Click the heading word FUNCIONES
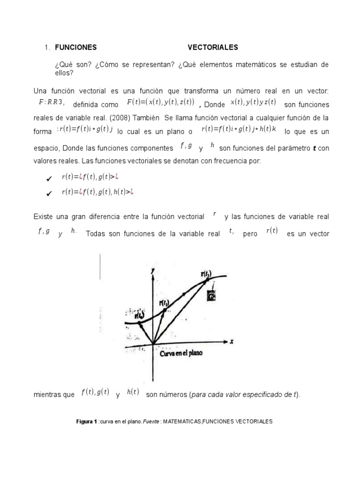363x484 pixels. point(76,47)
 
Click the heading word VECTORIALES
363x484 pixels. point(213,47)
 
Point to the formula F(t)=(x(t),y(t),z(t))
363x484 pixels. point(161,103)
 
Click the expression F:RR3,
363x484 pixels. point(52,103)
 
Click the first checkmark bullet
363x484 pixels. point(48,179)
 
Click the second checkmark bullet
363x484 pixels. point(48,193)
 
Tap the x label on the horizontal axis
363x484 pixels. point(232,340)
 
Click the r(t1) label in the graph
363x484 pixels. point(164,302)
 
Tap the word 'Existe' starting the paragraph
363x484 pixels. point(43,216)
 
